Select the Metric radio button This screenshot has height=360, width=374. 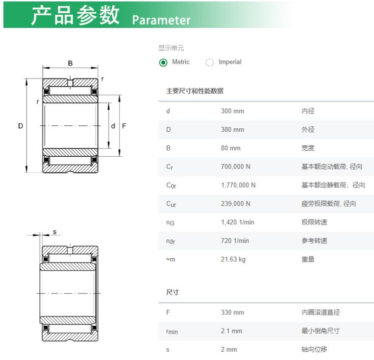pyautogui.click(x=163, y=63)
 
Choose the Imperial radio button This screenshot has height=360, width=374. pyautogui.click(x=210, y=63)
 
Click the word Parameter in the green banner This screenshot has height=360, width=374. pyautogui.click(x=161, y=20)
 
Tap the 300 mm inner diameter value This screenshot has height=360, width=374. pyautogui.click(x=232, y=111)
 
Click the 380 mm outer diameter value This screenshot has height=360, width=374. pyautogui.click(x=232, y=130)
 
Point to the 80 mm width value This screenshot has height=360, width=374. pyautogui.click(x=230, y=148)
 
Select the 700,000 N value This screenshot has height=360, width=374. pyautogui.click(x=235, y=167)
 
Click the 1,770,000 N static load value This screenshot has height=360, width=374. pyautogui.click(x=238, y=185)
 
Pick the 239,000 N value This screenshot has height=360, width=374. pyautogui.click(x=235, y=204)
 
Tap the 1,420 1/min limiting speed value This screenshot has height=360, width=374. pyautogui.click(x=237, y=222)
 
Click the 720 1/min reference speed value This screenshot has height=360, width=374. pyautogui.click(x=235, y=241)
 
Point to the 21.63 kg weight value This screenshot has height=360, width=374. pyautogui.click(x=233, y=260)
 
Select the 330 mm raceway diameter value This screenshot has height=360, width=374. pyautogui.click(x=232, y=312)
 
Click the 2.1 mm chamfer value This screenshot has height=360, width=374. pyautogui.click(x=231, y=331)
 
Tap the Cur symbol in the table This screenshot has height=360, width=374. pyautogui.click(x=171, y=204)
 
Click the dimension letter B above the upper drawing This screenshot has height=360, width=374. pyautogui.click(x=70, y=63)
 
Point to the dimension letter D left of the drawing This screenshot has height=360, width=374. pyautogui.click(x=21, y=126)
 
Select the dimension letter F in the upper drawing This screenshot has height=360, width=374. pyautogui.click(x=124, y=126)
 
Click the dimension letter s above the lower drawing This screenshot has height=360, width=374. pyautogui.click(x=54, y=232)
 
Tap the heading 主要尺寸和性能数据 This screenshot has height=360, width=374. pyautogui.click(x=195, y=91)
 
